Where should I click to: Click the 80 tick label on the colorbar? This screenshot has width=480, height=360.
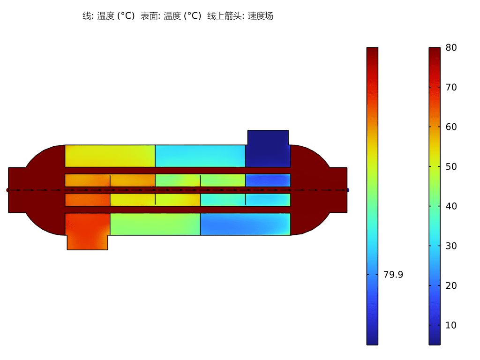[451, 47]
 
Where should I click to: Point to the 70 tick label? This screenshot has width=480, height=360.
[451, 87]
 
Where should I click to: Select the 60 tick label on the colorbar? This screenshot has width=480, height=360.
[451, 127]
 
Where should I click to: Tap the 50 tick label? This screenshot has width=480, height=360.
[451, 166]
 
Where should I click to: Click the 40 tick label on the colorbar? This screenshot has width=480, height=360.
[451, 206]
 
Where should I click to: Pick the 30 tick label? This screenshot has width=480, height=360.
[451, 246]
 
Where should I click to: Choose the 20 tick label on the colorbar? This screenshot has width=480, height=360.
[451, 285]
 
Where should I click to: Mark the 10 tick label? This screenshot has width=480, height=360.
[451, 325]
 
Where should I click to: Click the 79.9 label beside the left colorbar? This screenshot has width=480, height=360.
[393, 275]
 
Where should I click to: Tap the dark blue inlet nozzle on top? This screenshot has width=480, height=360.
[268, 137]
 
